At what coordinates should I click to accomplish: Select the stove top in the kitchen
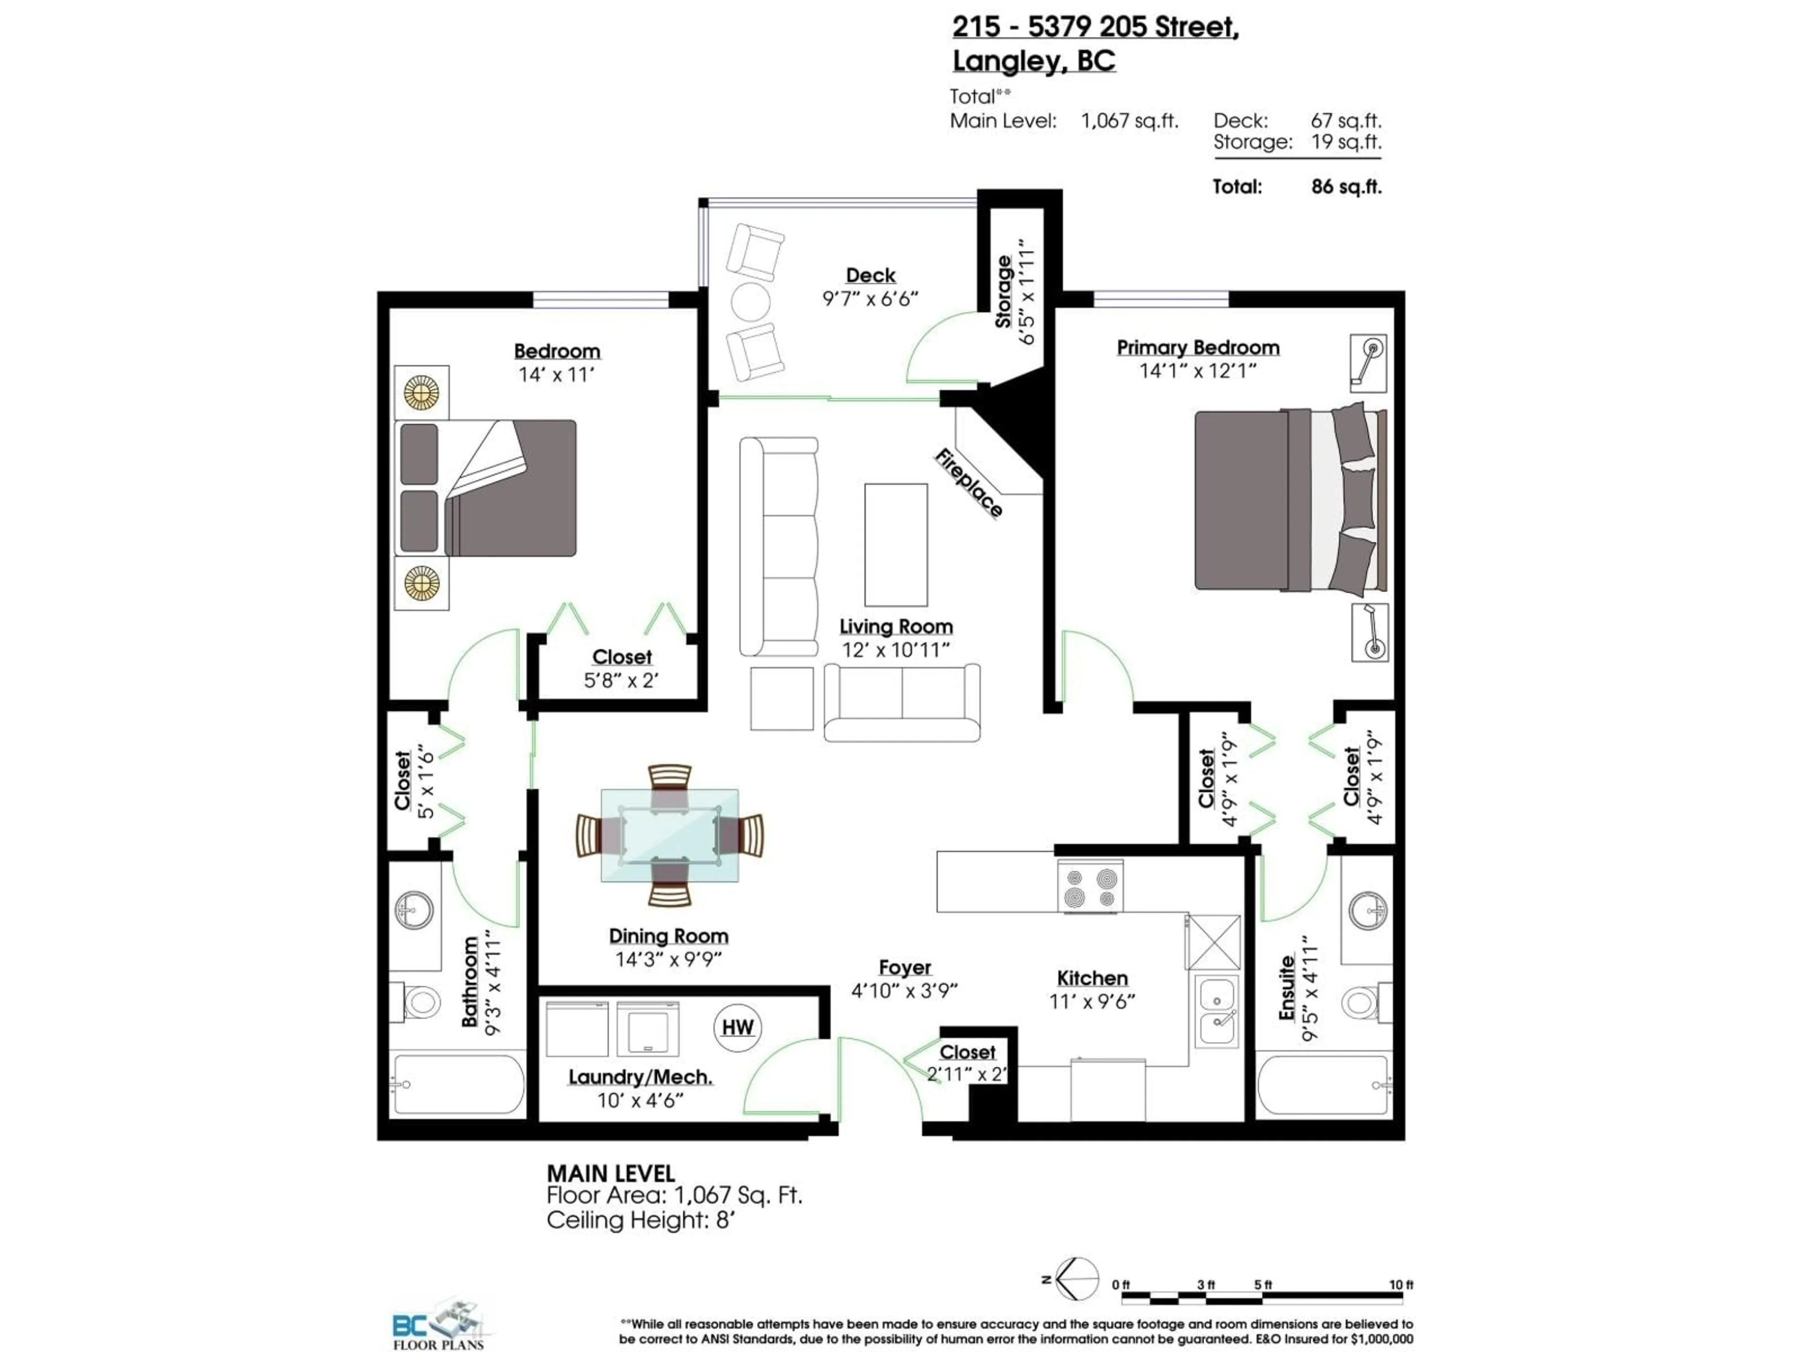(x=1090, y=887)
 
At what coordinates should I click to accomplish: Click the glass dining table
(x=669, y=835)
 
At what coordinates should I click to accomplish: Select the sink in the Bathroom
(x=414, y=909)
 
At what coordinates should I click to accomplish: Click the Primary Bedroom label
(x=1197, y=347)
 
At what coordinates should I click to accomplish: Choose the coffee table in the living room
(x=896, y=545)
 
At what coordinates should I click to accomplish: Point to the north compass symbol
(x=1076, y=1279)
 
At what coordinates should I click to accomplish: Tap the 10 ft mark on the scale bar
(x=1400, y=1284)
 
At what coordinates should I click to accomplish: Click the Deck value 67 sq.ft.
(x=1346, y=121)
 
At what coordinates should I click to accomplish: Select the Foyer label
(x=904, y=968)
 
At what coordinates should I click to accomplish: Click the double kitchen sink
(x=1217, y=1011)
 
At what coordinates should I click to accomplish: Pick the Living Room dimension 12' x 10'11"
(x=896, y=650)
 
